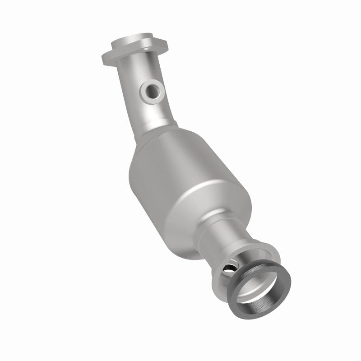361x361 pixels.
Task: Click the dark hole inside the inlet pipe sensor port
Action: tap(156, 92)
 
